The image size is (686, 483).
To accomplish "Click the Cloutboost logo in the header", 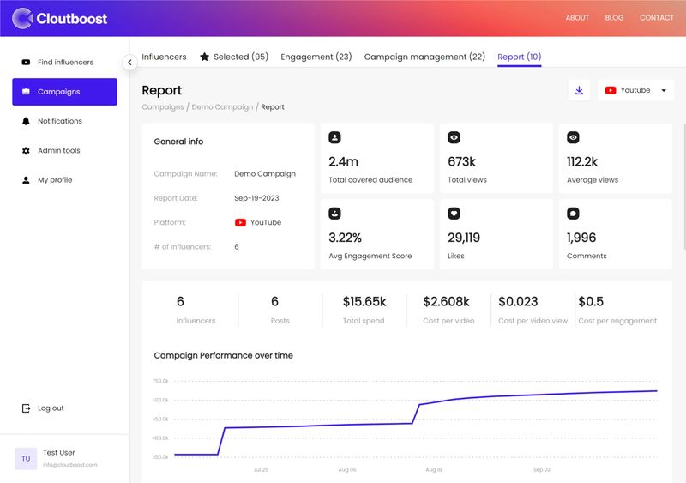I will coord(60,17).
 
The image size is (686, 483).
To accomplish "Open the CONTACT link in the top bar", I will coord(656,18).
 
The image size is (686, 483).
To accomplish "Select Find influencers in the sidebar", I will coord(65,63).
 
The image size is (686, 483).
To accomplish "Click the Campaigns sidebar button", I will coord(64,92).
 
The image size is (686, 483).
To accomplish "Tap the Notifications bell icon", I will coord(26,121).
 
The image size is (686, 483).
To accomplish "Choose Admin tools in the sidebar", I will coord(58,151).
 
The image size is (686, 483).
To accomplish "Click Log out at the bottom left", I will coord(50,408).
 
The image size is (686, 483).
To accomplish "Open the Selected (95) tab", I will coord(233,57).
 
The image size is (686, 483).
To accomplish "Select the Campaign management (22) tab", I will coord(424,57).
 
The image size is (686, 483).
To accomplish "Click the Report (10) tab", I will coord(519,57).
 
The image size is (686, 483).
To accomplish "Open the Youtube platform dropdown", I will coord(635,90).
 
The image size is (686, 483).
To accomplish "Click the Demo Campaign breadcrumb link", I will coord(222,107).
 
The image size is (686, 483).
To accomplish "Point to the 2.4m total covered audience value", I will coord(344,161).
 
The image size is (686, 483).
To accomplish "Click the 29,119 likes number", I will coord(464,238).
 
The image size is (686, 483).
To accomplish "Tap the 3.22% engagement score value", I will coord(346,238).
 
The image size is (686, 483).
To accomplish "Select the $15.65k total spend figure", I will coord(364,302).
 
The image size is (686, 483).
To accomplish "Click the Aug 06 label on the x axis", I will coord(347,470).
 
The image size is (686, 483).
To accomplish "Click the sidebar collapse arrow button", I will coord(129,62).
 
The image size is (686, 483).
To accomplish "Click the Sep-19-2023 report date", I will coord(256,198).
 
